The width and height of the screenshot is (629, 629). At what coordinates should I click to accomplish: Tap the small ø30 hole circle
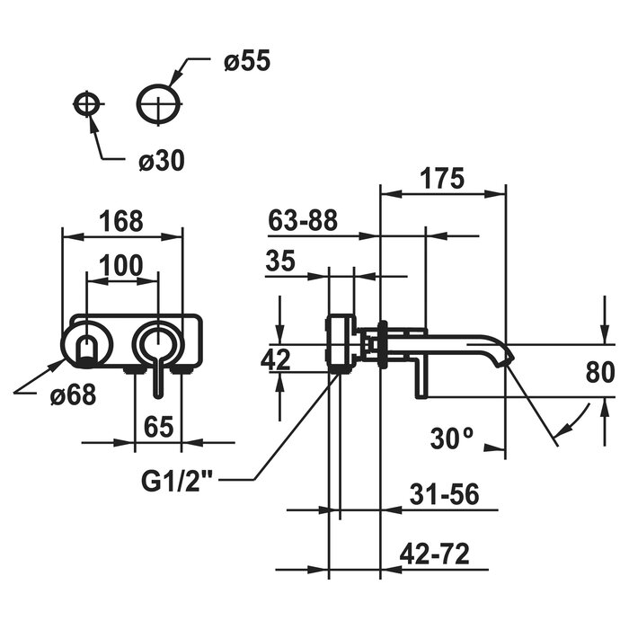86,104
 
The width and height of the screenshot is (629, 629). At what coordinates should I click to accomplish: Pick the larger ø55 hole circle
159,104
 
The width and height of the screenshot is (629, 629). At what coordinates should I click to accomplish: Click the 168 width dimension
121,219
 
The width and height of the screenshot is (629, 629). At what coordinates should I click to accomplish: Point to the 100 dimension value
121,264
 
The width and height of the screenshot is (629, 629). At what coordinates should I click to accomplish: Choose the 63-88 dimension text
303,220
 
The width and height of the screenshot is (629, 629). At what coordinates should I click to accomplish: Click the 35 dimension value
280,261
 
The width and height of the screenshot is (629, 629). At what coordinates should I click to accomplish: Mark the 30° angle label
451,438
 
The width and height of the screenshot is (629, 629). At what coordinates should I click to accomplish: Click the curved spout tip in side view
501,354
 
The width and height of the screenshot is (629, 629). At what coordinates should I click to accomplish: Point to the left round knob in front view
86,345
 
